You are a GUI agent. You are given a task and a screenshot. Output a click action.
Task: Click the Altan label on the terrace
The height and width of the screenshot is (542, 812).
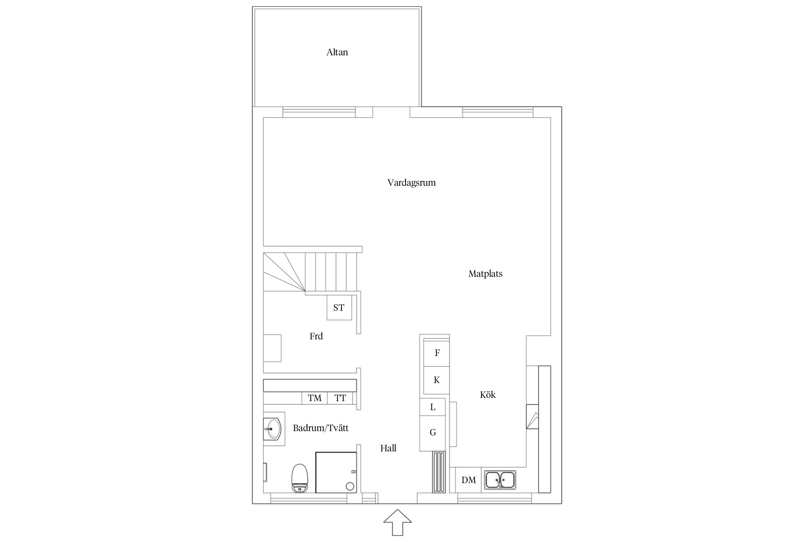click(337, 52)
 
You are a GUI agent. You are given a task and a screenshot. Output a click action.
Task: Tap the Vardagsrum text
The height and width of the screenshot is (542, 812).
click(411, 183)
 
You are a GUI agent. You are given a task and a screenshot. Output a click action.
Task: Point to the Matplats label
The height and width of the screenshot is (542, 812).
click(485, 274)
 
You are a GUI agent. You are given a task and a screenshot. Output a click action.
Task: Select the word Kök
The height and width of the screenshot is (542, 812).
click(488, 395)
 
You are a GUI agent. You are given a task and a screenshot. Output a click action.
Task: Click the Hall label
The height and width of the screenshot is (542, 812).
click(388, 448)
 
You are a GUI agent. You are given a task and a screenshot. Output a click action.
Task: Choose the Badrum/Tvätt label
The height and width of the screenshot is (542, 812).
click(320, 428)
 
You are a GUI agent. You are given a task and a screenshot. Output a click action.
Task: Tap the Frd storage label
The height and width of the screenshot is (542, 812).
click(316, 336)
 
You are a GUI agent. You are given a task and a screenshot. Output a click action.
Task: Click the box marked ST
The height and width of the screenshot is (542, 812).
click(339, 308)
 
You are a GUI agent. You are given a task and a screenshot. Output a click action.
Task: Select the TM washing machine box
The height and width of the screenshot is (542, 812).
click(315, 398)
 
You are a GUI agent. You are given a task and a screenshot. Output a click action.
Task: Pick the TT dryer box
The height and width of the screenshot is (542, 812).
click(340, 398)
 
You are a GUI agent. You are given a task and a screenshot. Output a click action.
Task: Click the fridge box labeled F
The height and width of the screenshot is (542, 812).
click(437, 353)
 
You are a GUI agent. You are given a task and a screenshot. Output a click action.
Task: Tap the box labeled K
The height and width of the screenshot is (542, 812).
click(437, 380)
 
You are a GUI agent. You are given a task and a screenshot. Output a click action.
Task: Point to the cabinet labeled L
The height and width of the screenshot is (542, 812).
click(433, 407)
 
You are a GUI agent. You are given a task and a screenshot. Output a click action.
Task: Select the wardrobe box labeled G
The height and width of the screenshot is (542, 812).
click(433, 433)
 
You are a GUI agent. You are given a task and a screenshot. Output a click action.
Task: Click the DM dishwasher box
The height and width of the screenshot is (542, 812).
click(468, 480)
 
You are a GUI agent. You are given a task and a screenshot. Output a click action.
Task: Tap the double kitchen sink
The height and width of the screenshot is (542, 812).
click(500, 480)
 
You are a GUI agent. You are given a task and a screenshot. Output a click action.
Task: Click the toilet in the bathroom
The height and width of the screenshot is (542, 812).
click(300, 478)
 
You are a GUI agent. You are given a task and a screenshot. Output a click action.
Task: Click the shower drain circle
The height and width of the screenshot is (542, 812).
click(350, 486)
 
